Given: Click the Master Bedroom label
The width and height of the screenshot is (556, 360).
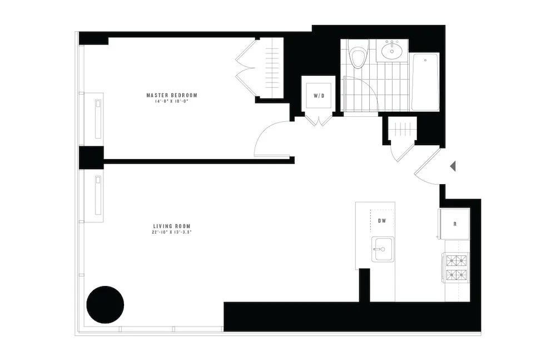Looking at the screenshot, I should click(172, 95).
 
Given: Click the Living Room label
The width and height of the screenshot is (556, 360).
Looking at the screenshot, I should click(176, 226).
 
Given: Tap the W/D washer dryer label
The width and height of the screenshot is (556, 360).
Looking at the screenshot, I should click(319, 96).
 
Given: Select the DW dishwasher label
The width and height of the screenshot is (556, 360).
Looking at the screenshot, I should click(382, 221).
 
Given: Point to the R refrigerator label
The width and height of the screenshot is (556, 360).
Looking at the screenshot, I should click(455, 224).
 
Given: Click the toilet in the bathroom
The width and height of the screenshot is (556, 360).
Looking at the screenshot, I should click(358, 56).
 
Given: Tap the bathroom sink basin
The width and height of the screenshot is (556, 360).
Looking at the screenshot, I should click(393, 51).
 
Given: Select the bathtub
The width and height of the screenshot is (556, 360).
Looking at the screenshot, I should click(425, 81).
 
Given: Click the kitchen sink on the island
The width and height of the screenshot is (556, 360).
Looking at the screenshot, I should click(383, 248).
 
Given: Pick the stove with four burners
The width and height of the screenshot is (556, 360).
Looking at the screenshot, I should click(456, 267).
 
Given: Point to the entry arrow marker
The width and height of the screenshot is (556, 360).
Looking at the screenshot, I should click(453, 166).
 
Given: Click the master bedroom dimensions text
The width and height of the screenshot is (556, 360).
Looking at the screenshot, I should click(172, 101).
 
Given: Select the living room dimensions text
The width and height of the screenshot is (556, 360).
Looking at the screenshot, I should click(176, 233).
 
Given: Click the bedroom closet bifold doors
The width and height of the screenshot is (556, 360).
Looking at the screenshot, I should click(245, 68).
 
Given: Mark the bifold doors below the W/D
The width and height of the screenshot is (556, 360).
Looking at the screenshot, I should click(319, 120).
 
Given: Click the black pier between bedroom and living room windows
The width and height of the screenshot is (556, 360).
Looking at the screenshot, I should click(91, 157).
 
